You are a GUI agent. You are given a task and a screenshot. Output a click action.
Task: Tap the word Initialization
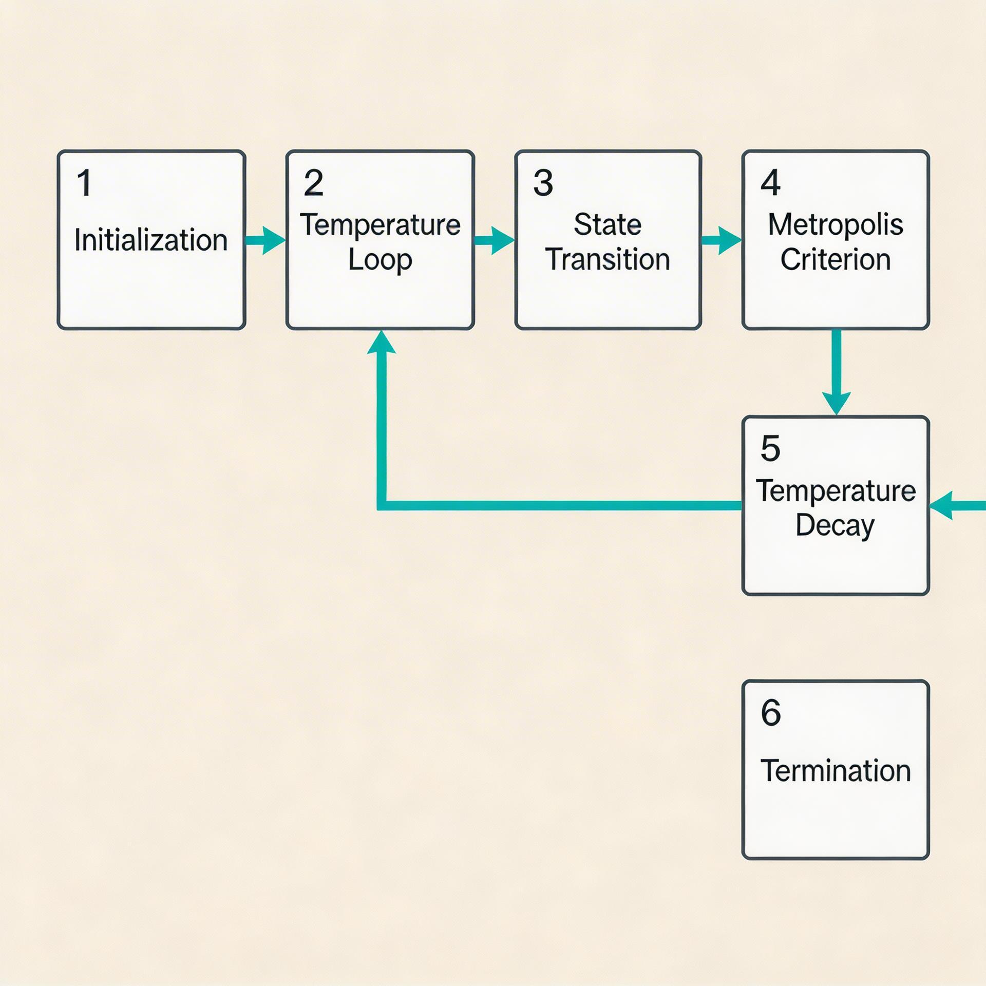coord(151,240)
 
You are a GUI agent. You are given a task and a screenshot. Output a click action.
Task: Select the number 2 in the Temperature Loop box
coord(313,183)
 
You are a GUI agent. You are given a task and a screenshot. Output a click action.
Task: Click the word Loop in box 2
coord(380,260)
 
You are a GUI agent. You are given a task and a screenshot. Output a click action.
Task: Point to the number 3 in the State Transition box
coord(543,183)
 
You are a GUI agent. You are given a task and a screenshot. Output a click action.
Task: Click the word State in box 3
coord(608,225)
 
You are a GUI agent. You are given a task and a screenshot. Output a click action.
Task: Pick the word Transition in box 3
coord(608,259)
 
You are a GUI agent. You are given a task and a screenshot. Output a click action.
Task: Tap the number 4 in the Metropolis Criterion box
coord(770,183)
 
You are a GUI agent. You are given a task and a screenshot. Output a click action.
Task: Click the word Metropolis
coord(836,225)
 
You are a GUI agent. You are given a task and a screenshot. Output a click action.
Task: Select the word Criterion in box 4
coord(836,259)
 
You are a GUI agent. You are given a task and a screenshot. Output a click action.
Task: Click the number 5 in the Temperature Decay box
coord(770,448)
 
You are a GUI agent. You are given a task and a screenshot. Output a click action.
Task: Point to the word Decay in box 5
coord(835,526)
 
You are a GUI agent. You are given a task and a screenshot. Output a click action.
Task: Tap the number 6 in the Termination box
coord(771,713)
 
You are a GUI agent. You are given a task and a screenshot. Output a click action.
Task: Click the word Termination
coord(836,771)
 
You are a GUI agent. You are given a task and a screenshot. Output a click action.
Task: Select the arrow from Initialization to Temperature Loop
coord(265,240)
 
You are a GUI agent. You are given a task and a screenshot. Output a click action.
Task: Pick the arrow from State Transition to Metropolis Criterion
coord(722,240)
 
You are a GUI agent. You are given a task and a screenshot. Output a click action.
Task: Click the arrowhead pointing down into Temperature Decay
coord(836,403)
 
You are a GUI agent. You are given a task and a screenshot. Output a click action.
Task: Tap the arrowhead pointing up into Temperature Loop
coord(381,343)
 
